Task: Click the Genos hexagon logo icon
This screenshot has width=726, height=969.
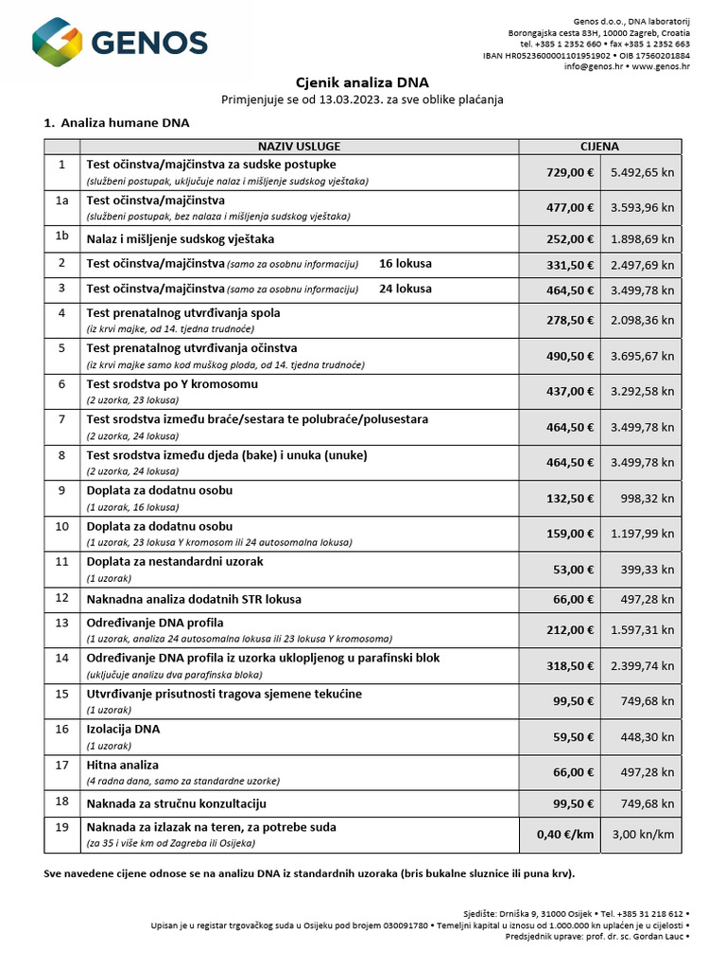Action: (x=60, y=43)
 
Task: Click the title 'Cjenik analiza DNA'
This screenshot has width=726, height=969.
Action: (x=363, y=82)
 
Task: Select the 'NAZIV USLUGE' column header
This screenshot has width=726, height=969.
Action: (x=299, y=147)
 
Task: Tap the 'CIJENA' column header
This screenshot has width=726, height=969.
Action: (x=599, y=147)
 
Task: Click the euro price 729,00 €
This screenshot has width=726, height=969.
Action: (x=570, y=173)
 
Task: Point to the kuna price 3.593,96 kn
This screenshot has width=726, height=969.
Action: (x=642, y=208)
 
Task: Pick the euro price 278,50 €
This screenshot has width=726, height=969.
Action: (x=570, y=320)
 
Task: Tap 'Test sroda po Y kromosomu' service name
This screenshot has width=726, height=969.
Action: (x=172, y=384)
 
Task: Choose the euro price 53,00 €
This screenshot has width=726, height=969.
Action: (x=574, y=570)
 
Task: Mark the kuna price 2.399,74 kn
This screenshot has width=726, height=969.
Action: (x=642, y=665)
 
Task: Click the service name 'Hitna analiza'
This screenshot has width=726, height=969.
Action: (x=123, y=765)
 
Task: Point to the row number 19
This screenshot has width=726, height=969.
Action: (x=62, y=827)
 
